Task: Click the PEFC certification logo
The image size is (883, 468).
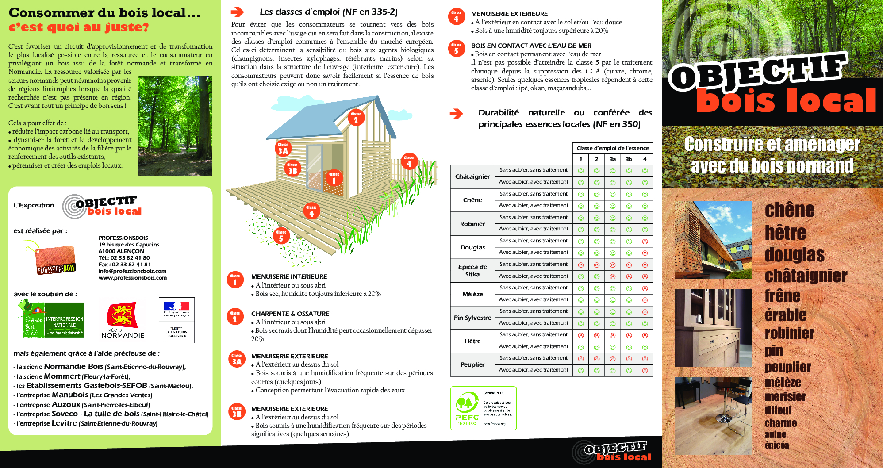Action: [x=483, y=408]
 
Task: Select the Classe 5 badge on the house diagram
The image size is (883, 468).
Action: [x=281, y=236]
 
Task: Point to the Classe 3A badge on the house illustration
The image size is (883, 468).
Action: [x=283, y=149]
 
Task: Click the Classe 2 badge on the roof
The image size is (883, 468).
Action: [x=356, y=118]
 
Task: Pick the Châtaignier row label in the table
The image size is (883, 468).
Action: [x=472, y=176]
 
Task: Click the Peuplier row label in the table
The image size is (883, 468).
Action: [x=472, y=364]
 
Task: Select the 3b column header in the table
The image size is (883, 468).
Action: [x=629, y=159]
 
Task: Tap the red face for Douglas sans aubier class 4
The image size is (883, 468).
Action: [x=645, y=242]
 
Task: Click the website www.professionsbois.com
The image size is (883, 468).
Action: [x=133, y=278]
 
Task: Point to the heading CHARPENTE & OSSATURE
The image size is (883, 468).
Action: [x=290, y=314]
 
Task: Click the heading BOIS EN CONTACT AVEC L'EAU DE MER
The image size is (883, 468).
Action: [x=531, y=46]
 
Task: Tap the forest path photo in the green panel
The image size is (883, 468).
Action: [x=175, y=126]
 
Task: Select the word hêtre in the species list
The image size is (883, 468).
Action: [x=785, y=233]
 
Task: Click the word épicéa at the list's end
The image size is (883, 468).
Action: [x=776, y=445]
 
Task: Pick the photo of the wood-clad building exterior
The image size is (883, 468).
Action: [x=713, y=240]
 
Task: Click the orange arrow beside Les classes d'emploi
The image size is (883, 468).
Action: [x=238, y=12]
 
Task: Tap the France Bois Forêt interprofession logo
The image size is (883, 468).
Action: [x=51, y=318]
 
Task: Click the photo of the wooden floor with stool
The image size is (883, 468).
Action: [x=713, y=415]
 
